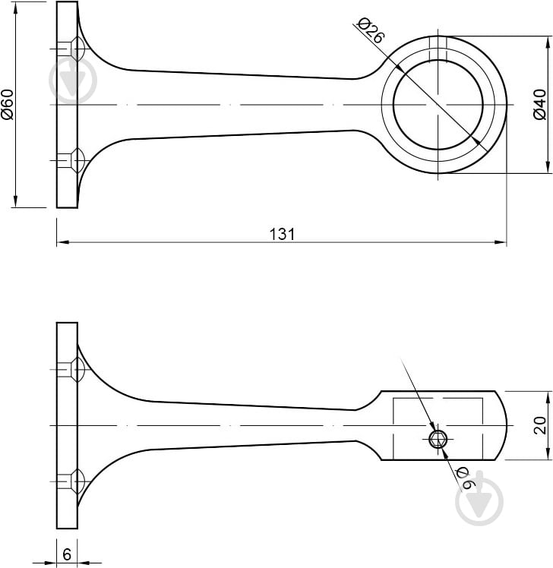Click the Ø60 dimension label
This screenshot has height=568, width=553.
pyautogui.click(x=8, y=104)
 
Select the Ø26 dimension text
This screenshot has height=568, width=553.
pyautogui.click(x=370, y=32)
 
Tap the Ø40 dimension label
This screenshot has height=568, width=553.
pyautogui.click(x=539, y=104)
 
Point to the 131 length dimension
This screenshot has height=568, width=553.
pyautogui.click(x=282, y=234)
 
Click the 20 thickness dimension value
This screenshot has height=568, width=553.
pyautogui.click(x=539, y=425)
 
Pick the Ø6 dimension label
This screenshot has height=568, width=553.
pyautogui.click(x=464, y=475)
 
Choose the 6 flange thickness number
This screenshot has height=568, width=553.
pyautogui.click(x=67, y=555)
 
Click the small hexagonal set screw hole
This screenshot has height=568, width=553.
pyautogui.click(x=437, y=439)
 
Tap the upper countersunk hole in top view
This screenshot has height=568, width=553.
pyautogui.click(x=76, y=49)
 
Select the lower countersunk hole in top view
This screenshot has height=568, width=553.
pyautogui.click(x=76, y=159)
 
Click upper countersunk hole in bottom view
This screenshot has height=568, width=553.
pyautogui.click(x=76, y=370)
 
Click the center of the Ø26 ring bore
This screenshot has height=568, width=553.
pyautogui.click(x=438, y=104)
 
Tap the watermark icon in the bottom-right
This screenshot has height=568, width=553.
pyautogui.click(x=479, y=503)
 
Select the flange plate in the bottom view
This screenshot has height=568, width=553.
pyautogui.click(x=67, y=425)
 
